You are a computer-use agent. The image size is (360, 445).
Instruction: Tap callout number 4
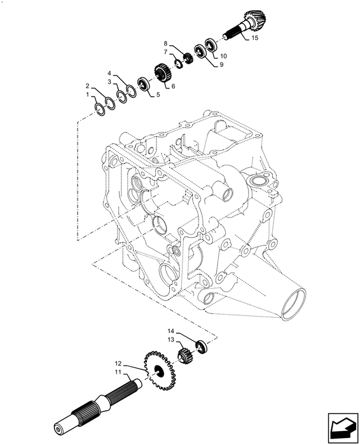[x=110, y=74]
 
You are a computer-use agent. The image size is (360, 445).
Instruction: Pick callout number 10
[x=223, y=56]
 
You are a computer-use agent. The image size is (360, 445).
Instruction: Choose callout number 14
[x=171, y=331]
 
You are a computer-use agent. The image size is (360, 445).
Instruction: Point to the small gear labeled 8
[x=188, y=58]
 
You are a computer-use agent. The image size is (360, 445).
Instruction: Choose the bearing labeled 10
[x=211, y=46]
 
